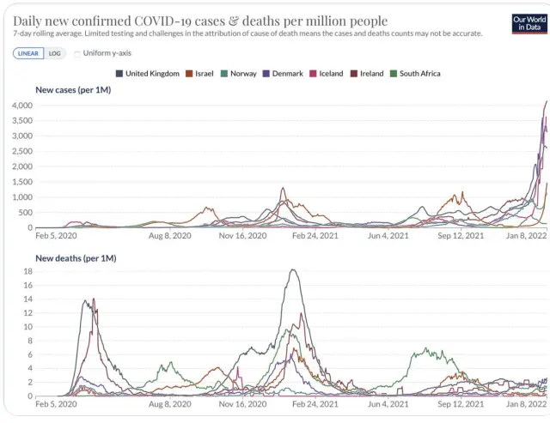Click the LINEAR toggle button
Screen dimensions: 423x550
coord(28,53)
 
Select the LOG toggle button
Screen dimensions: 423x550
coord(54,53)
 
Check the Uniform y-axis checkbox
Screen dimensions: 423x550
coord(78,53)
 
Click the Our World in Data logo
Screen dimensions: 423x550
coord(529,24)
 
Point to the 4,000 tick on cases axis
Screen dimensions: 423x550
coord(21,105)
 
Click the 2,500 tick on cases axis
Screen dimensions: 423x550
coord(21,151)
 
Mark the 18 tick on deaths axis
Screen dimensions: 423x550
coord(27,271)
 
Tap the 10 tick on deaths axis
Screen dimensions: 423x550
coord(27,327)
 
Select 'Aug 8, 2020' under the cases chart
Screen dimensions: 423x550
coord(169,234)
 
